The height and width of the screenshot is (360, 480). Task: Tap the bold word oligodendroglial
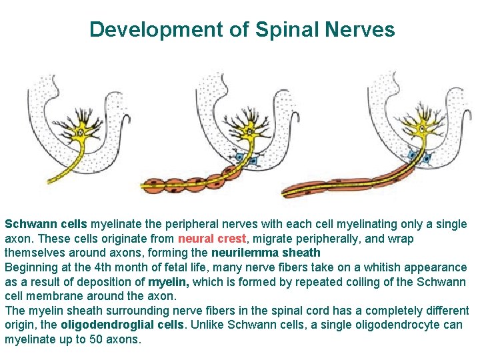[101, 325]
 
